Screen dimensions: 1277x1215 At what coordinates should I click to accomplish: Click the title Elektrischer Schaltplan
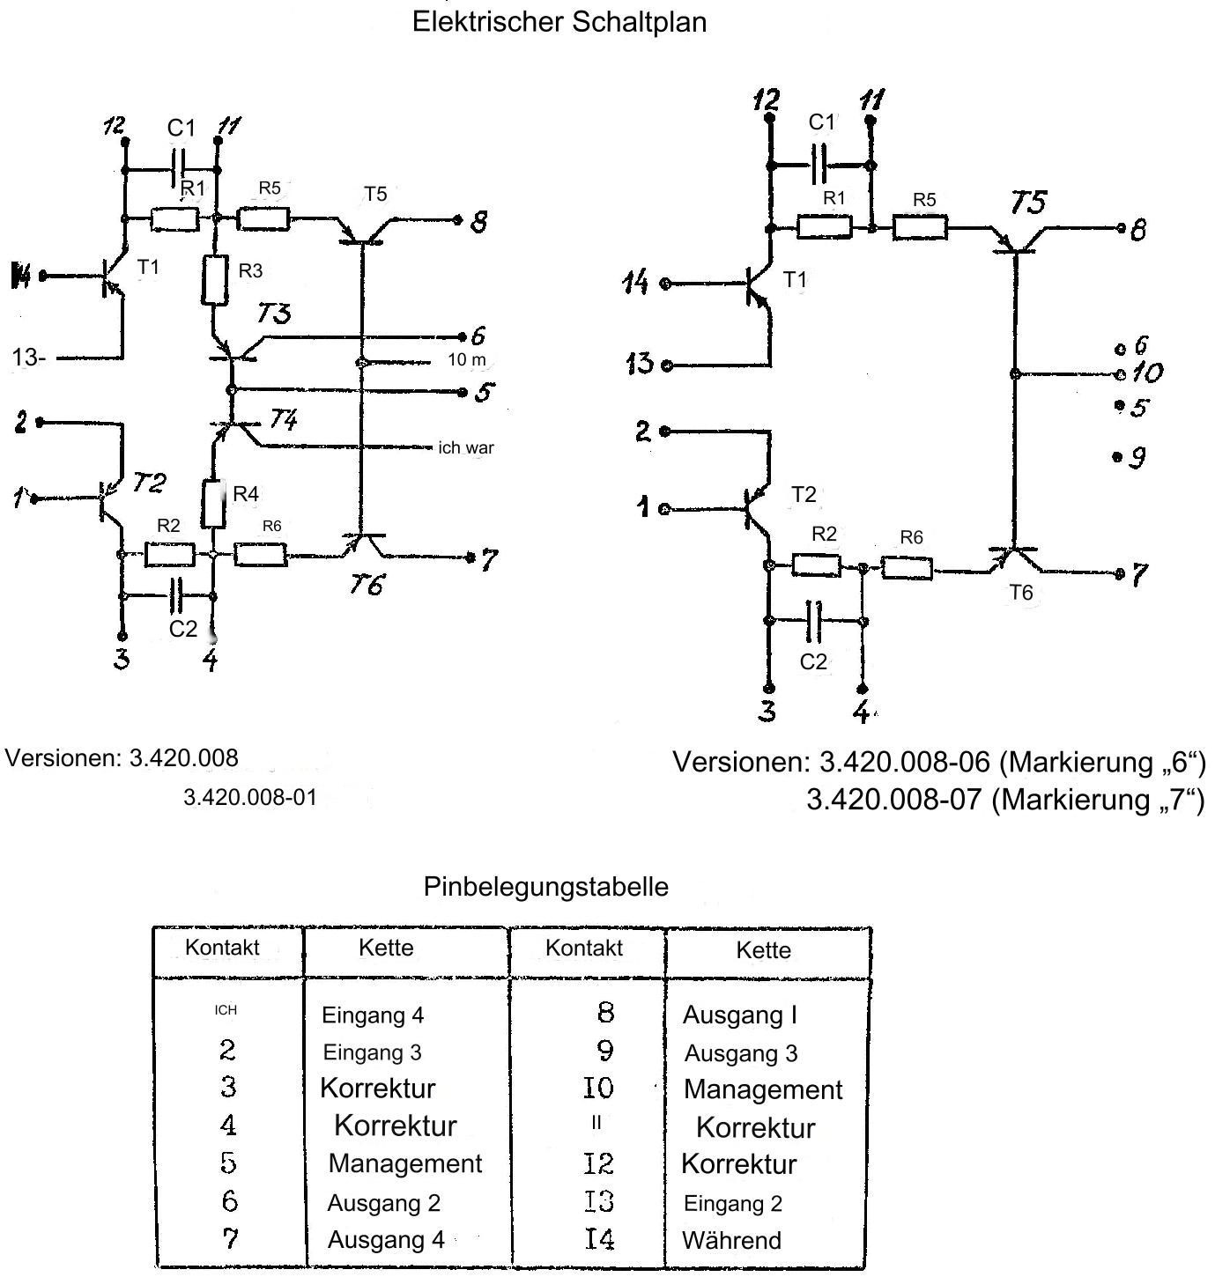[x=559, y=22]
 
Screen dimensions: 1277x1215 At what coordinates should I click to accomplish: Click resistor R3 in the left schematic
[x=216, y=279]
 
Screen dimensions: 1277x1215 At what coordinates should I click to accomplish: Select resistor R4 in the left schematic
[x=212, y=503]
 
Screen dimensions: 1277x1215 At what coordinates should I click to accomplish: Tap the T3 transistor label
[x=273, y=314]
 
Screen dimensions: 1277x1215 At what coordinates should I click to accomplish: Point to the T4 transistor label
[x=283, y=419]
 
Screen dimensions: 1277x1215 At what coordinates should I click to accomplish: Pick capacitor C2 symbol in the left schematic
[x=178, y=597]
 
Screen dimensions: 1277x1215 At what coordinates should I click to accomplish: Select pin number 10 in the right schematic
[x=1146, y=373]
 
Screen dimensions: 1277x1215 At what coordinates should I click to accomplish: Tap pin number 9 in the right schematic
[x=1137, y=457]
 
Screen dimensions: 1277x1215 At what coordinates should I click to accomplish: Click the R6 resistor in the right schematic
[x=907, y=568]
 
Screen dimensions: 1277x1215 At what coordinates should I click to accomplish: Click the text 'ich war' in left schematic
[x=466, y=447]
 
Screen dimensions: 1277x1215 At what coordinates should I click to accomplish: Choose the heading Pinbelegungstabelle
[x=545, y=886]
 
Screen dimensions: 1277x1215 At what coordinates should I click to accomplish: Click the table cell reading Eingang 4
[x=373, y=1015]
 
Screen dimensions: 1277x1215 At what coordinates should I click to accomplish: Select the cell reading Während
[x=731, y=1240]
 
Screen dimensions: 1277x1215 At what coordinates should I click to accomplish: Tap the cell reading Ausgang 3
[x=741, y=1053]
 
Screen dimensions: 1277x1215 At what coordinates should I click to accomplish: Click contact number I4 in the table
[x=598, y=1239]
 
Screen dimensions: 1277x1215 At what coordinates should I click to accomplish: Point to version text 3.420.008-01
[x=249, y=798]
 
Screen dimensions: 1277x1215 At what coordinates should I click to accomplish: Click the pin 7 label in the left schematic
[x=490, y=559]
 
